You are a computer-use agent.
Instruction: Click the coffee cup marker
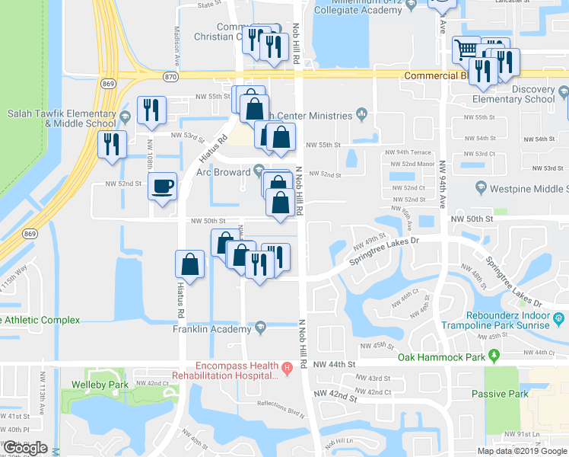click(163, 187)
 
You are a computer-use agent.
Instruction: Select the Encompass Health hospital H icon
click(287, 370)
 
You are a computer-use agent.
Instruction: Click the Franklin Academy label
click(212, 330)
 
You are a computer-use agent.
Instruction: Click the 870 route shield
click(171, 77)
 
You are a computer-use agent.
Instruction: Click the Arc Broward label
click(224, 172)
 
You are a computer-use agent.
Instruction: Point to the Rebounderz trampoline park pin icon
click(559, 317)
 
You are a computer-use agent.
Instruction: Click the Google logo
click(25, 449)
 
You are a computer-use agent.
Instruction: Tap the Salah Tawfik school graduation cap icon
click(126, 115)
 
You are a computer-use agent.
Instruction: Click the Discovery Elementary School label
click(513, 94)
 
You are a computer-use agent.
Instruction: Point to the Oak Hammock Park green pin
click(494, 356)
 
